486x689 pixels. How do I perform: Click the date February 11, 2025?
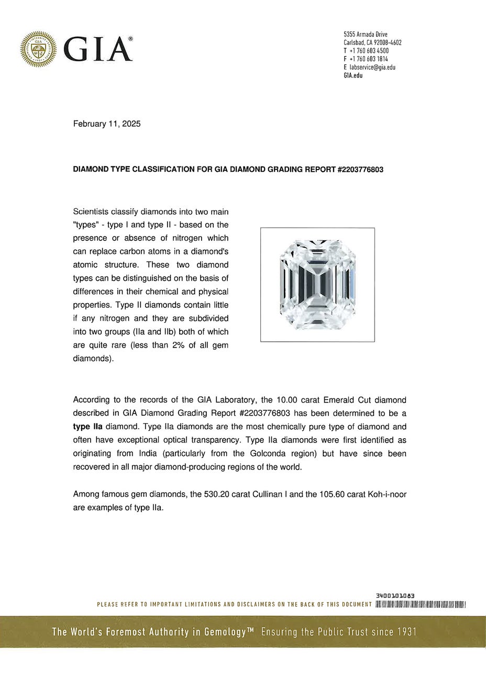tap(107, 124)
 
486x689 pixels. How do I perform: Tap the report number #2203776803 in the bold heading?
tap(361, 171)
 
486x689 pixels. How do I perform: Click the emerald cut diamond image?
tap(317, 285)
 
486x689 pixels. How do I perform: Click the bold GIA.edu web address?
tap(353, 75)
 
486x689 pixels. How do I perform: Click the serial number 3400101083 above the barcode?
tap(395, 596)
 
